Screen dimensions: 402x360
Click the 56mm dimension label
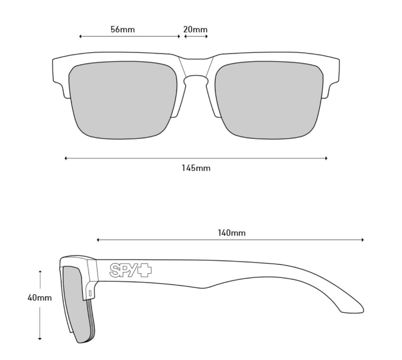click(123, 29)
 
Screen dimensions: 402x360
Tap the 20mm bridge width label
click(195, 29)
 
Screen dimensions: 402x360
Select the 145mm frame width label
click(196, 168)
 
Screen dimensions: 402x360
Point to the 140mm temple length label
click(231, 233)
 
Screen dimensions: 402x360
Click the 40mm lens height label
click(39, 297)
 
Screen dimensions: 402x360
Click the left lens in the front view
click(122, 100)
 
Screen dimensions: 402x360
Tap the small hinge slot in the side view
click(90, 293)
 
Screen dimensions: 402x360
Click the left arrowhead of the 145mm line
click(66, 158)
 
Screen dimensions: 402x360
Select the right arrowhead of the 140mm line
click(363, 240)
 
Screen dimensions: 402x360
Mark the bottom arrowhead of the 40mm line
click(40, 339)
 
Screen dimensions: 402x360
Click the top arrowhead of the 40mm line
click(40, 271)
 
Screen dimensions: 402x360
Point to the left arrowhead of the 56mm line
click(81, 36)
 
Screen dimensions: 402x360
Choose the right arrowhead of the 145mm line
click(326, 158)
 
